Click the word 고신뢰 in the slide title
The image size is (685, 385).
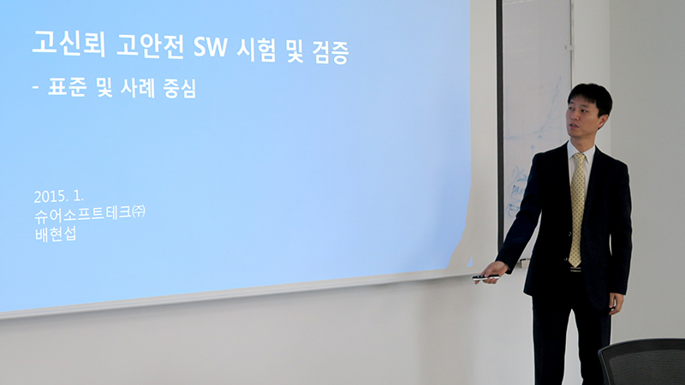coord(68,44)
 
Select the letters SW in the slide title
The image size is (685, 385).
coord(210,48)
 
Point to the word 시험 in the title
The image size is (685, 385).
coord(256,50)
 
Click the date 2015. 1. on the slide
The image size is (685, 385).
coord(58,196)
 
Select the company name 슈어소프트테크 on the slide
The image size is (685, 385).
coord(82,215)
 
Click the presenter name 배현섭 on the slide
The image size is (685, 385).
coord(56,234)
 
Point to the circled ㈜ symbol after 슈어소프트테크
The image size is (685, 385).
coord(139,211)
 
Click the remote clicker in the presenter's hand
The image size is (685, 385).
coord(485,277)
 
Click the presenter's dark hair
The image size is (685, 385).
coord(591,97)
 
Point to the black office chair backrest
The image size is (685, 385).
coord(643,361)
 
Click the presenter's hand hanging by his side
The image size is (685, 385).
coord(616,303)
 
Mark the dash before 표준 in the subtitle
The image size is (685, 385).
coord(36,87)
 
